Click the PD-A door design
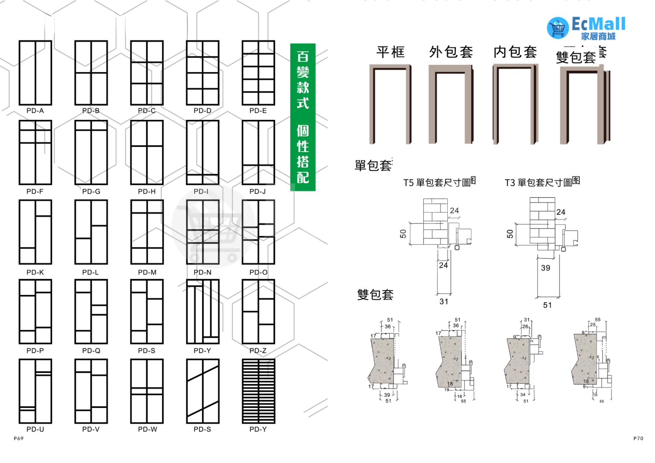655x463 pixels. pos(35,73)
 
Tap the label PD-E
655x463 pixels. pos(258,111)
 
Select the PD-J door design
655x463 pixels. pos(258,152)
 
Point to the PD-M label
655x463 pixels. pos(147,272)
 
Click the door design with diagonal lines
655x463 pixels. pos(203,391)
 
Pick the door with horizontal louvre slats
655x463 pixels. pos(258,391)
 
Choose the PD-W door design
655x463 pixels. pos(147,391)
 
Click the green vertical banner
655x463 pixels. pos(303,117)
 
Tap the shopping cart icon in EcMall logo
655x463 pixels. pos(558,28)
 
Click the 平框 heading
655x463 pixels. pos(390,52)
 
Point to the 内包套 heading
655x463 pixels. pos(515,52)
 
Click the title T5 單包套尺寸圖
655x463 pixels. pos(439,182)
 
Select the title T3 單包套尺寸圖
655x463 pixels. pos(542,182)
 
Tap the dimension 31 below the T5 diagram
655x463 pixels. pos(444,302)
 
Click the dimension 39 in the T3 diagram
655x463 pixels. pos(545,268)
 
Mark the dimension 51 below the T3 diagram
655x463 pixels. pos(548,305)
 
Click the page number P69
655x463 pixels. pos(19,438)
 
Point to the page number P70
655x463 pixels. pos(638,438)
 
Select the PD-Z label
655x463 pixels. pos(258,351)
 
